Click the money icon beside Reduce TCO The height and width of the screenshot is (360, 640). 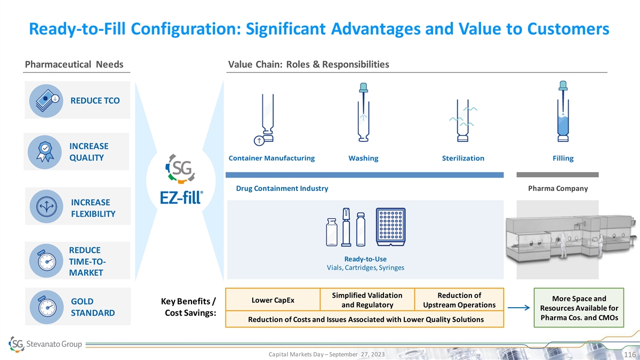coord(46,101)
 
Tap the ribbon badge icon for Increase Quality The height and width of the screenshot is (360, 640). coord(45,152)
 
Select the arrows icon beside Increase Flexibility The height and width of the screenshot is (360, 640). coord(46,206)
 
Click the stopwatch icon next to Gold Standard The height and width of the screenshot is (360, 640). coord(46,307)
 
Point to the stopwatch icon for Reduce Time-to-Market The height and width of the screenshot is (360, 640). coord(46,261)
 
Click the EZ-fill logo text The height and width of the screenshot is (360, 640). coord(181,197)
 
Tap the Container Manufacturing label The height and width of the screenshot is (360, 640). coord(271,158)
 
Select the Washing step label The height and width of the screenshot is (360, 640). coord(363,158)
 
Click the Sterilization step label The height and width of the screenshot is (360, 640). coord(463,158)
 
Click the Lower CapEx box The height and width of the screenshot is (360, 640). coord(273,299)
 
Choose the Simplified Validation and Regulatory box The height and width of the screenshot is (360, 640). coord(367,299)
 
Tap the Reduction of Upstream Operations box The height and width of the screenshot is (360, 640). coord(459,299)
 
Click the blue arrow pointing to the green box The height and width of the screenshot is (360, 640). coord(518,308)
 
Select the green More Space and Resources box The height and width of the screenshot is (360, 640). coord(579,308)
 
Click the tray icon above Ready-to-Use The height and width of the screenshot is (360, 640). coord(390,227)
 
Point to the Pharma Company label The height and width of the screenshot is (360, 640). coord(558,188)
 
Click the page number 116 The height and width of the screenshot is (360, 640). coord(630,354)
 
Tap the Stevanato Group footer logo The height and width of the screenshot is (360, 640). coord(45,344)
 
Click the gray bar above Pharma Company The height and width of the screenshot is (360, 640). coord(557,174)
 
